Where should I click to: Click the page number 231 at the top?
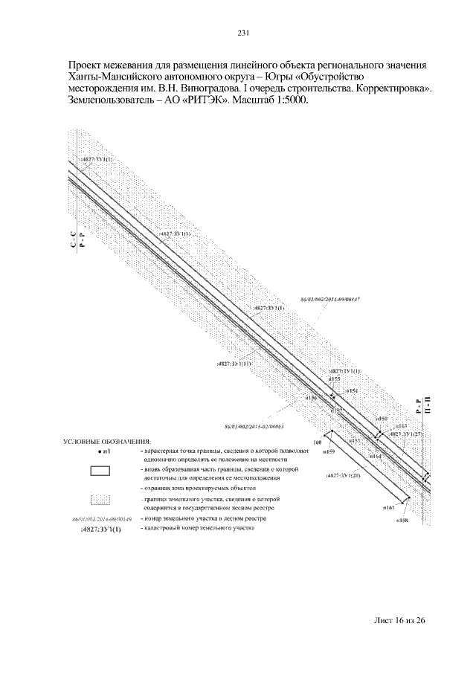coord(242,33)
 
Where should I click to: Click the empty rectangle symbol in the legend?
coord(100,470)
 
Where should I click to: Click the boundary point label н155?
coord(335,379)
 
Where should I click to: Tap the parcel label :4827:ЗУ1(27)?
coord(407,434)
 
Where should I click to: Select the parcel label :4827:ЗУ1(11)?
coord(234,364)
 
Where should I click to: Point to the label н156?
coord(312,399)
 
